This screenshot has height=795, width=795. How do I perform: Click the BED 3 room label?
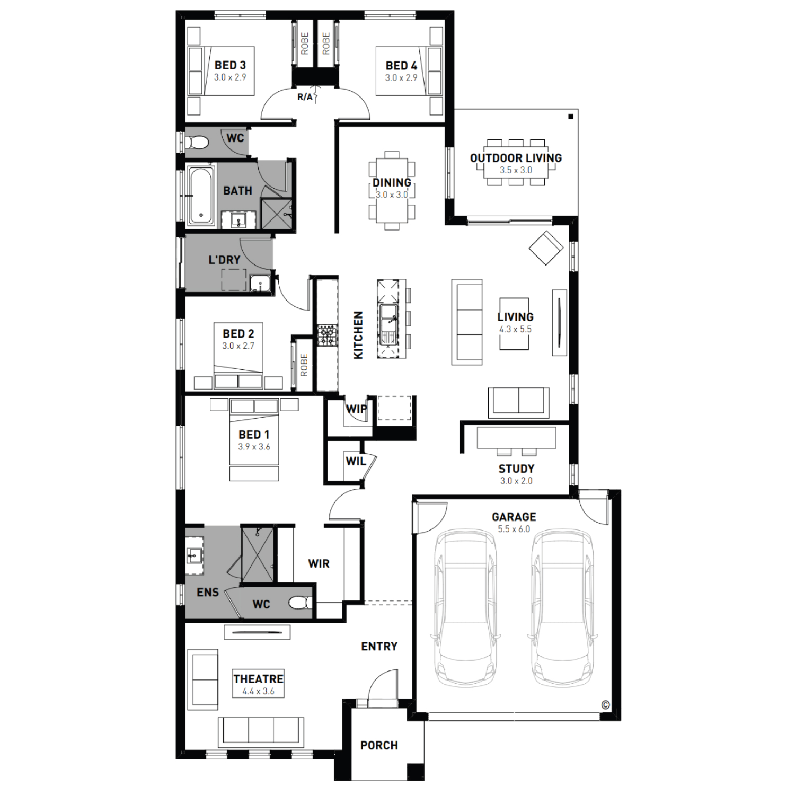[x=230, y=65]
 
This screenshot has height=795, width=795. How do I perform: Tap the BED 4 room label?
[x=401, y=66]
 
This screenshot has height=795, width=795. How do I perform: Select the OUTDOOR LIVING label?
[x=516, y=158]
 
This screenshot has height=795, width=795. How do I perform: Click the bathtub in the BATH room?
[x=200, y=195]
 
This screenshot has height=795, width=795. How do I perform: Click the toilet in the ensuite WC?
[x=301, y=603]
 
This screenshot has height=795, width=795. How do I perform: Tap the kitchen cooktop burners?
[x=327, y=335]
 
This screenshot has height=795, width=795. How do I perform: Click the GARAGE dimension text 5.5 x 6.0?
[x=514, y=529]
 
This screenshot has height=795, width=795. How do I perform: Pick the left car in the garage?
[x=465, y=609]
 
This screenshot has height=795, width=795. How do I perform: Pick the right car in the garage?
[x=562, y=609]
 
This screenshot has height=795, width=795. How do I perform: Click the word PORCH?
[x=379, y=745]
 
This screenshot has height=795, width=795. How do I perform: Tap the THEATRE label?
[x=259, y=679]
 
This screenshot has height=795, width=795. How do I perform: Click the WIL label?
[x=356, y=462]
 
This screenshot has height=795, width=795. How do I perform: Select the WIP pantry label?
[x=356, y=409]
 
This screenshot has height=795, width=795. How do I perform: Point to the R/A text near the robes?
[x=305, y=97]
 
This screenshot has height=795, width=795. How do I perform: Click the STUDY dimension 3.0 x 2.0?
[x=516, y=481]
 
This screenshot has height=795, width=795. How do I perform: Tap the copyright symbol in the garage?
[x=605, y=705]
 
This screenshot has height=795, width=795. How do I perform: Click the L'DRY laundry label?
[x=224, y=260]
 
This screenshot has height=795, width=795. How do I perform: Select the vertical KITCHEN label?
[x=358, y=335]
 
